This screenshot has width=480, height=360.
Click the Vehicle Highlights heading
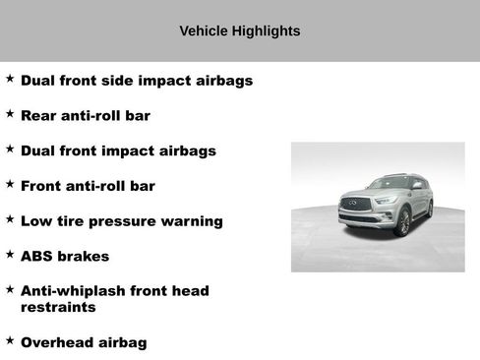[239, 31]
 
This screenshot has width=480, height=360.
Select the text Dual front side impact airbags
[137, 81]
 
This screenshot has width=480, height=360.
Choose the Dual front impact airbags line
[118, 151]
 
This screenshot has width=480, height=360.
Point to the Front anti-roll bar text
[88, 186]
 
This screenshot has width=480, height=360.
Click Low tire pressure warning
[122, 221]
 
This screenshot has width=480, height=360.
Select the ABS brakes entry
[65, 256]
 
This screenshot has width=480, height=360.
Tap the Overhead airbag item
[84, 342]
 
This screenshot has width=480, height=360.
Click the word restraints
[58, 307]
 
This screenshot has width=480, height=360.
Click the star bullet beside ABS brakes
[10, 254]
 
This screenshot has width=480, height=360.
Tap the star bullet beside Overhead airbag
[10, 340]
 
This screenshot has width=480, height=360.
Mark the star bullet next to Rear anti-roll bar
[10, 114]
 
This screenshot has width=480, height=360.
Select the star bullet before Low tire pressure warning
[10, 219]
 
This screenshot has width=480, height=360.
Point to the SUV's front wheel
[403, 223]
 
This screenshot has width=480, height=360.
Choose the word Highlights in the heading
[266, 31]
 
